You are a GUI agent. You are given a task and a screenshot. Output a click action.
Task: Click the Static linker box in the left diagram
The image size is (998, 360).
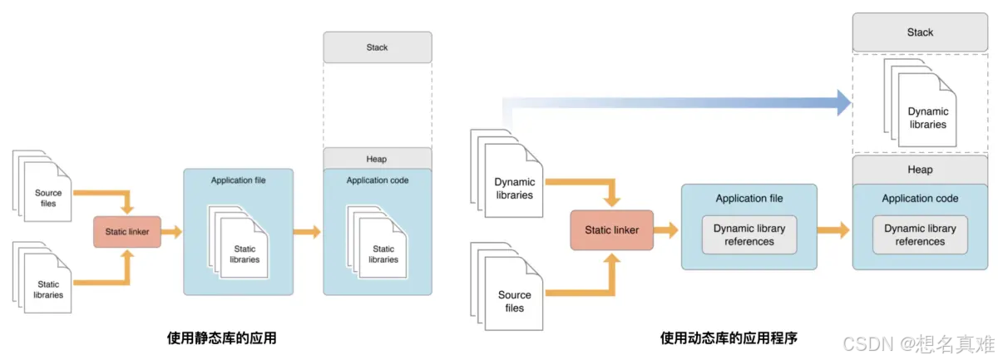126,232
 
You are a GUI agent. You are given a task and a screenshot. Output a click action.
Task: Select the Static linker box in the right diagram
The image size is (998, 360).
611,230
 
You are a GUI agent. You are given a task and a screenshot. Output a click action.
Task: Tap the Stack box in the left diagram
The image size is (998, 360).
377,47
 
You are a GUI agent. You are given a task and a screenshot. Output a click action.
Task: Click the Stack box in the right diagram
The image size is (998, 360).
920,32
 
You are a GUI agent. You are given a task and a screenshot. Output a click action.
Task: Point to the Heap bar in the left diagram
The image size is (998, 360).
377,159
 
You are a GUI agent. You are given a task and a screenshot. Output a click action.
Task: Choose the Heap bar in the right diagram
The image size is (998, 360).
920,170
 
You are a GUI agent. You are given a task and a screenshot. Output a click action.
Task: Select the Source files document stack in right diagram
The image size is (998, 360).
512,295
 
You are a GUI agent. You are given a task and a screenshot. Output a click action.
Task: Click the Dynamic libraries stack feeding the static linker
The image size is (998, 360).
512,183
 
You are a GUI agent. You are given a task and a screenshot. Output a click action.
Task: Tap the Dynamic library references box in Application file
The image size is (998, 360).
748,235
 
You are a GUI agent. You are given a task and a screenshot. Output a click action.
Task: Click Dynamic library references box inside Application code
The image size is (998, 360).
920,235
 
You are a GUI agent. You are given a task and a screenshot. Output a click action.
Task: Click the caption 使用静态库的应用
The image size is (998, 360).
221,338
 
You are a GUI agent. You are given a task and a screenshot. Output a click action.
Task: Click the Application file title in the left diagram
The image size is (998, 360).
239,180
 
